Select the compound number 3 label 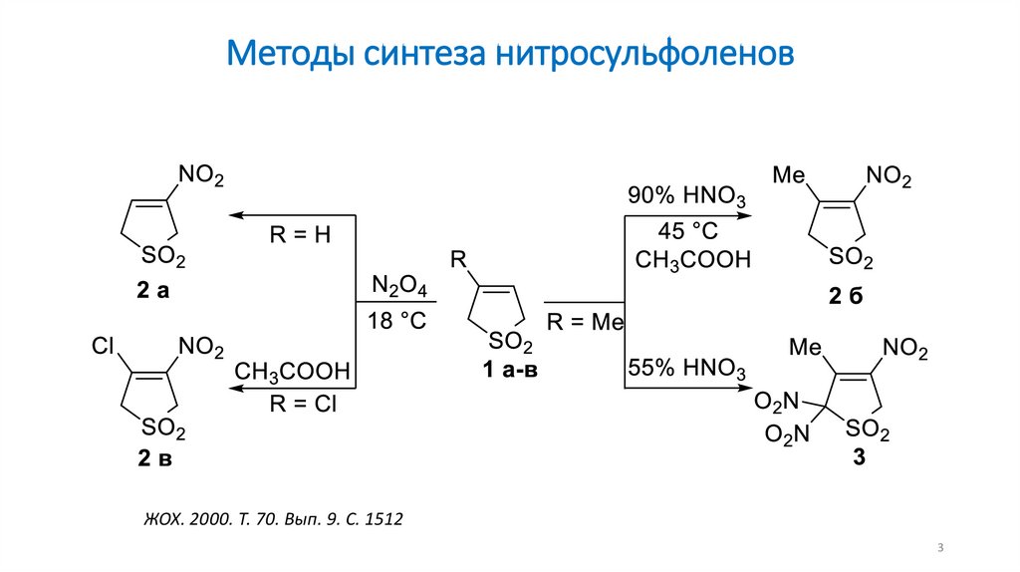859,459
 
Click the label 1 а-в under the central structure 512,370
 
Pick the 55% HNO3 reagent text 685,369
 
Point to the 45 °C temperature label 687,231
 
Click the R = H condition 300,236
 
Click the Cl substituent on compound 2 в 105,346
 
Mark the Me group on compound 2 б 788,176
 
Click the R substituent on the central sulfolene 458,260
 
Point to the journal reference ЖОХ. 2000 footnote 270,519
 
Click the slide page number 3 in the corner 940,549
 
